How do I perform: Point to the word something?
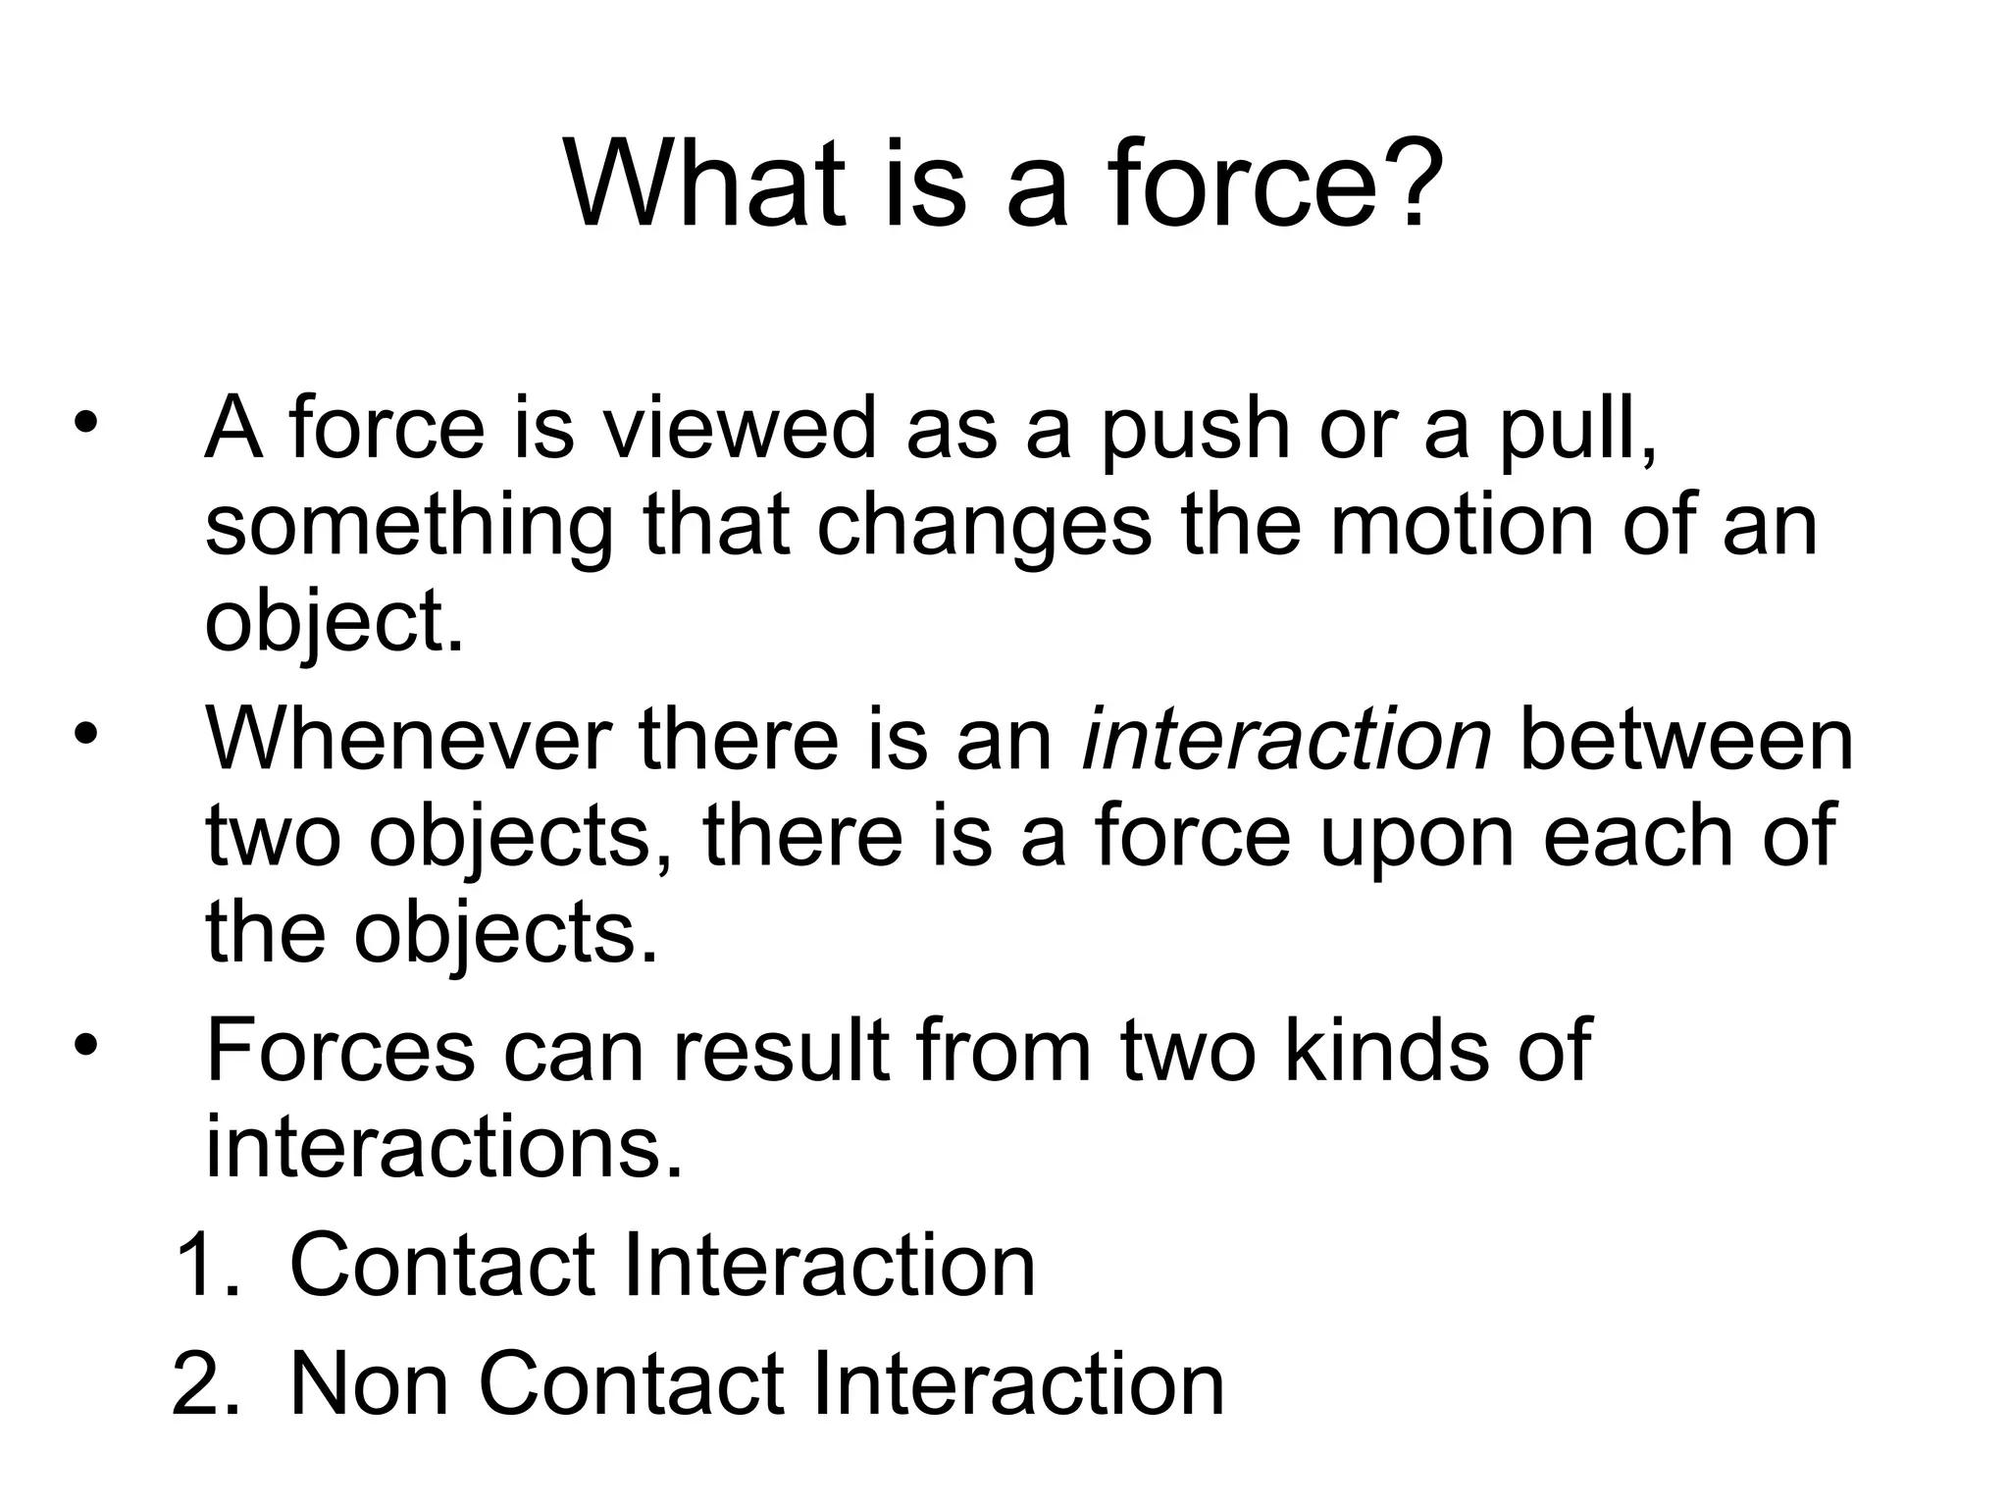[408, 528]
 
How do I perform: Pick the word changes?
[984, 528]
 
